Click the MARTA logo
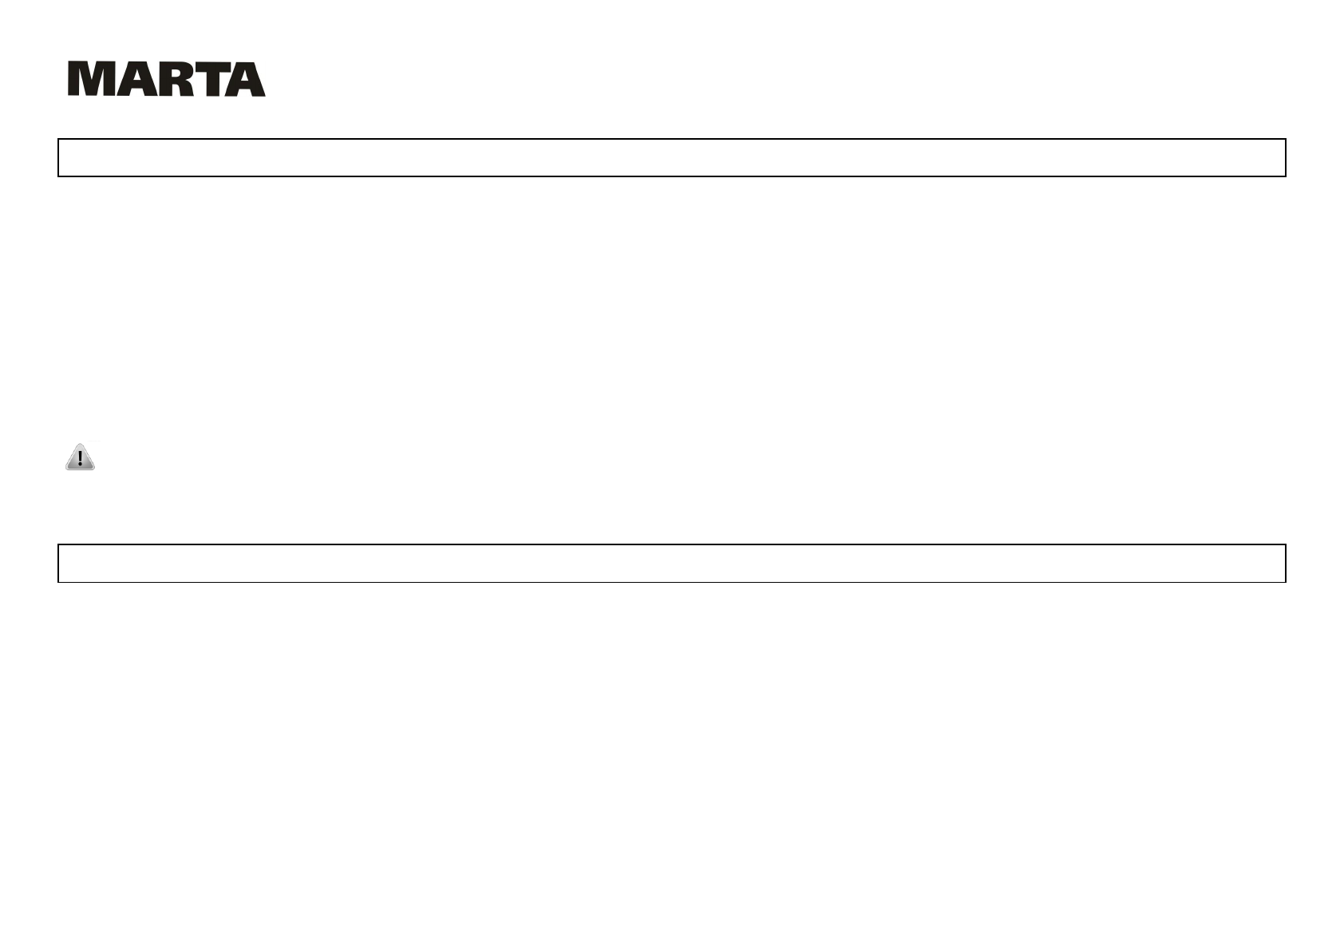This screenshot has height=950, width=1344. click(x=166, y=79)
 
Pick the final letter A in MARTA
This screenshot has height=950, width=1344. click(x=244, y=79)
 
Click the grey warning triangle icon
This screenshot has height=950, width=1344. click(x=80, y=457)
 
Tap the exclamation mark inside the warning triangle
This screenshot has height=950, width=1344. click(x=80, y=459)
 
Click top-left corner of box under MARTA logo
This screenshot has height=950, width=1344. click(x=58, y=139)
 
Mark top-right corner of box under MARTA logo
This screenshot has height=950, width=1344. click(x=1286, y=139)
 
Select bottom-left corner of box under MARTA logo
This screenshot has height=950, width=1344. click(x=58, y=176)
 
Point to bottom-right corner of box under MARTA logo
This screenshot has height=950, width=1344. click(x=1286, y=176)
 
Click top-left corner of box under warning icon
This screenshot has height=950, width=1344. click(x=58, y=544)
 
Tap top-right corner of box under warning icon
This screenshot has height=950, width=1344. click(x=1286, y=544)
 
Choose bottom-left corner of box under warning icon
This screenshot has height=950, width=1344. click(x=58, y=582)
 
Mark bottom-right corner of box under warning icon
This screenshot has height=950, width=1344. click(x=1286, y=582)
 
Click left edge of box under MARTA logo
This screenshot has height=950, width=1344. click(x=58, y=157)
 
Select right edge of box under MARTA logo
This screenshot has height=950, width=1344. click(x=1286, y=157)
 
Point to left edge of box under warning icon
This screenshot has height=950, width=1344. click(x=58, y=564)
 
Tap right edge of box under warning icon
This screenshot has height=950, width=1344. click(x=1286, y=564)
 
